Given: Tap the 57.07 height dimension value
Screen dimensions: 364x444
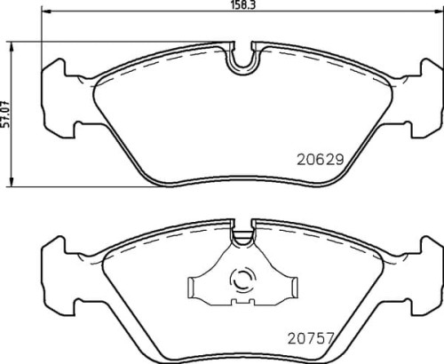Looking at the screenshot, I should click(6, 114).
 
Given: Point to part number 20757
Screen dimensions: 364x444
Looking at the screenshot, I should click(311, 337).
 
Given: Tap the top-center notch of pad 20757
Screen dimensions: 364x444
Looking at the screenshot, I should click(242, 237).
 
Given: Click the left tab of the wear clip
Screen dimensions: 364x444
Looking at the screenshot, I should click(196, 286).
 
